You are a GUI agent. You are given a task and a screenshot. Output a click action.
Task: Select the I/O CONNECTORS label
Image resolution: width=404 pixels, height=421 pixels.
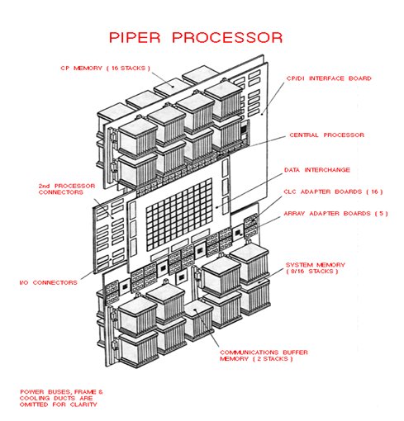click(50, 281)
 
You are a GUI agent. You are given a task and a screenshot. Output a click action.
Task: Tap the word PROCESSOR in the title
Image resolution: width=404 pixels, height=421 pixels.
click(231, 37)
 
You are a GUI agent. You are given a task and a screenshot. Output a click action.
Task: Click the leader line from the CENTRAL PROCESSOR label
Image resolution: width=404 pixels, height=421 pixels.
click(264, 140)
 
